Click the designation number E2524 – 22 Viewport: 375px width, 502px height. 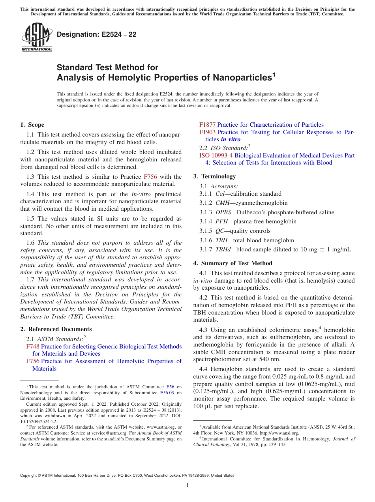point(97,35)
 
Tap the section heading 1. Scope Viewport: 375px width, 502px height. point(32,125)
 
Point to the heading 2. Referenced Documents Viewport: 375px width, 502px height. point(56,329)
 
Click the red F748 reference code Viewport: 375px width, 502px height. point(32,347)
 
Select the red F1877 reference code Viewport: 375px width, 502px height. point(208,125)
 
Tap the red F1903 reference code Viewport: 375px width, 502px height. point(208,132)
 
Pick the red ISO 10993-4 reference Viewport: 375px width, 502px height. point(216,155)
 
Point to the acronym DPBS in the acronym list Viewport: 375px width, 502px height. point(223,212)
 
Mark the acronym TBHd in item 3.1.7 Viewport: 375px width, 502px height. point(223,249)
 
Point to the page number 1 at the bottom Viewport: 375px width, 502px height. point(187,485)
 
